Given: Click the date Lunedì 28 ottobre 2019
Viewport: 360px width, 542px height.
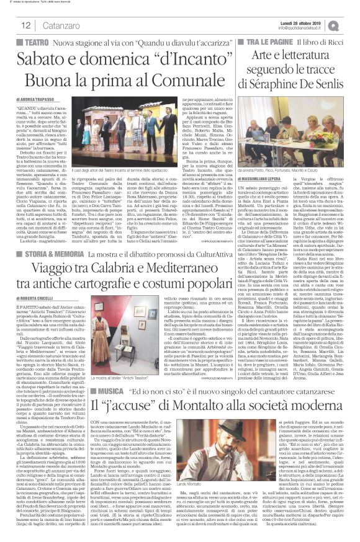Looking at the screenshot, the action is [305, 21].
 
